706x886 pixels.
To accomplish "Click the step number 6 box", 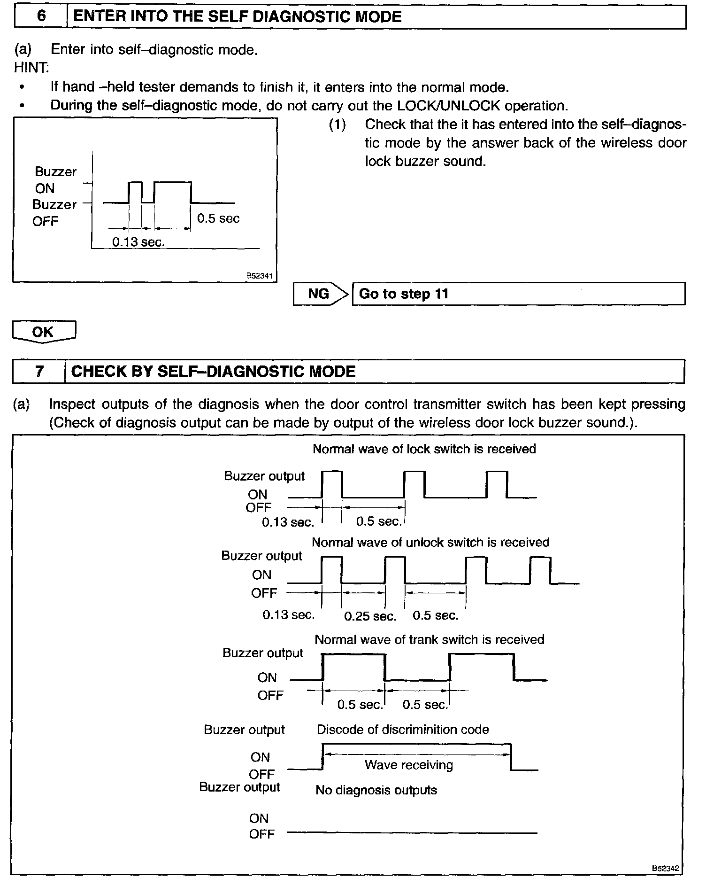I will (41, 16).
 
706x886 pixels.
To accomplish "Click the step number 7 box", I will (39, 372).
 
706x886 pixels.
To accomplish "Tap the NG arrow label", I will (319, 294).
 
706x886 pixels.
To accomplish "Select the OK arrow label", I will (43, 332).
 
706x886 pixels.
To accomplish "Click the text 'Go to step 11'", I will (404, 294).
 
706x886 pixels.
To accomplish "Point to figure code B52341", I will (260, 276).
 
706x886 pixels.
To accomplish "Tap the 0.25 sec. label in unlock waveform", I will (370, 616).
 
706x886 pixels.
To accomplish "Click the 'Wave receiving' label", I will (409, 765).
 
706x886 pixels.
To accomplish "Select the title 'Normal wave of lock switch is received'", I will (424, 449).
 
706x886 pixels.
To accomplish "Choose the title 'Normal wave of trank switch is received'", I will (430, 640).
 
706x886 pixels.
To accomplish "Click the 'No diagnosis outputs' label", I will (376, 791).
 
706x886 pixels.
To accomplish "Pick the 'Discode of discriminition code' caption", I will (403, 730).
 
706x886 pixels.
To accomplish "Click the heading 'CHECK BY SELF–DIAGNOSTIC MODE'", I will (214, 372).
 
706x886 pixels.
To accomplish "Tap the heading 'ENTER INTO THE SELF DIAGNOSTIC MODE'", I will (238, 17).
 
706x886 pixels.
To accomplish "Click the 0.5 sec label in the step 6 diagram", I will (218, 219).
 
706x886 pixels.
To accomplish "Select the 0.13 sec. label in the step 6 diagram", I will (138, 242).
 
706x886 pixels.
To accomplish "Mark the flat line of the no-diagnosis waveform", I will (412, 833).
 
